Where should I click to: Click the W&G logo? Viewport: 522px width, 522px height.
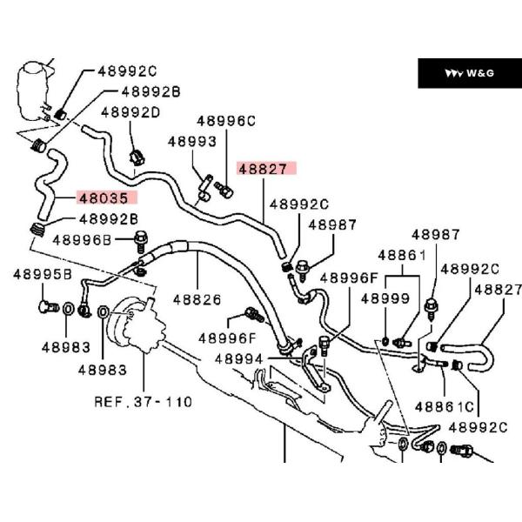click(x=469, y=73)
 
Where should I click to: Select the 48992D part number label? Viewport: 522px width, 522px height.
click(x=130, y=112)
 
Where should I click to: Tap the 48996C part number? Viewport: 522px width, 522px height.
click(x=226, y=122)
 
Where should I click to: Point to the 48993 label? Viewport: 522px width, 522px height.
click(x=191, y=141)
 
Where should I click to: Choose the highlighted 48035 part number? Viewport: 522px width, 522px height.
click(x=103, y=198)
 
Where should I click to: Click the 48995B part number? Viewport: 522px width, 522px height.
click(x=42, y=274)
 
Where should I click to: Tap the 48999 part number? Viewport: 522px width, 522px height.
click(x=385, y=298)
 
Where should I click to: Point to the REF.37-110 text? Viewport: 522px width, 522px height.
click(x=143, y=402)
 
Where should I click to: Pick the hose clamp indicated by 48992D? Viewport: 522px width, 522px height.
click(x=137, y=157)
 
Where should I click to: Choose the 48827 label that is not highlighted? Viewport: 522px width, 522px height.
click(x=498, y=289)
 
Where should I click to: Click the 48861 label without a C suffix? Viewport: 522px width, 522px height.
click(x=401, y=256)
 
